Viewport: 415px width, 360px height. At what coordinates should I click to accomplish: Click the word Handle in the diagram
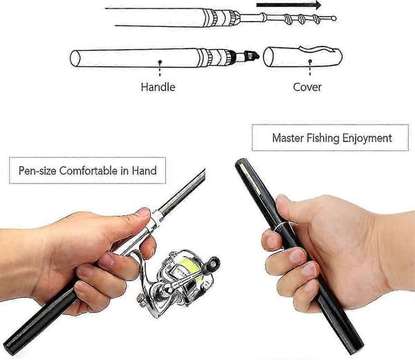[158, 87]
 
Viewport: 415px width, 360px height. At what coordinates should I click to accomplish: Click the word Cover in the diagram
[307, 87]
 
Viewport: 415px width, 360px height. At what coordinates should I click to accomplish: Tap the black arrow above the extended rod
[288, 5]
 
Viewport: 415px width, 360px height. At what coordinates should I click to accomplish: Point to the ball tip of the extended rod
[334, 18]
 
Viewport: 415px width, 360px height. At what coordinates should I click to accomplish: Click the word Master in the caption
[288, 138]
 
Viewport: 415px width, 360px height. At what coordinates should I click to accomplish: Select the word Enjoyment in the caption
[367, 138]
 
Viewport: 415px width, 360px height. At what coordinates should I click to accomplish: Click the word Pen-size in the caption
[37, 170]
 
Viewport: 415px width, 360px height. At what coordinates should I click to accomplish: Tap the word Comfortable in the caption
[89, 170]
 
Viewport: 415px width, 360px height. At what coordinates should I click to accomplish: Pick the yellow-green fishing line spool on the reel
[191, 267]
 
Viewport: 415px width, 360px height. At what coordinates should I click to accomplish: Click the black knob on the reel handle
[214, 262]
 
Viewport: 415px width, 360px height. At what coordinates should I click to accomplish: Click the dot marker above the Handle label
[160, 62]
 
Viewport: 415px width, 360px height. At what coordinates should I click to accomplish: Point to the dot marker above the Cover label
[310, 61]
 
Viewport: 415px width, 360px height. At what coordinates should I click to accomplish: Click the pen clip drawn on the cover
[318, 49]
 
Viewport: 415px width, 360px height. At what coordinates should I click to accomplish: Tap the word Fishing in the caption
[323, 138]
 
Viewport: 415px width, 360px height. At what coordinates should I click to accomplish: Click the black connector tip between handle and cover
[251, 55]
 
